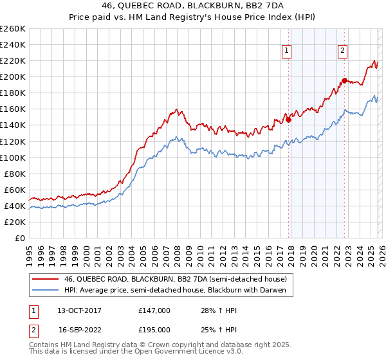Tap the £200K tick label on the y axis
click(x=12, y=76)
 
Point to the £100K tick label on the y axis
click(x=12, y=157)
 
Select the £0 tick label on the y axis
click(x=20, y=238)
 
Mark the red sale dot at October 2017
click(x=288, y=119)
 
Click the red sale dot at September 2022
click(x=344, y=80)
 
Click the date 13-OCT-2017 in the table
click(x=79, y=310)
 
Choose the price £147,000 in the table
click(x=154, y=310)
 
